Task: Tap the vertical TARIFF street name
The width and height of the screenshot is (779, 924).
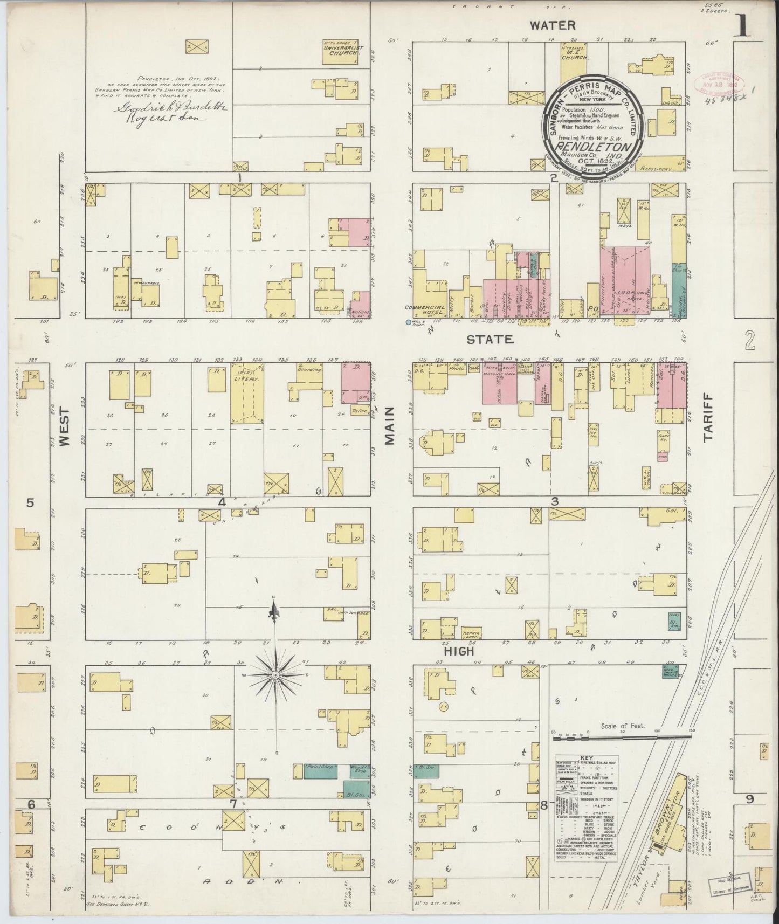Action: click(707, 424)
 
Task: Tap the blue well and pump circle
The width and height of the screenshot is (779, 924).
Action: click(408, 322)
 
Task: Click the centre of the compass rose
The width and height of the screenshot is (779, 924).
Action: click(275, 674)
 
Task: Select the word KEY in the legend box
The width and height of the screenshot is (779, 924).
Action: click(587, 757)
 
